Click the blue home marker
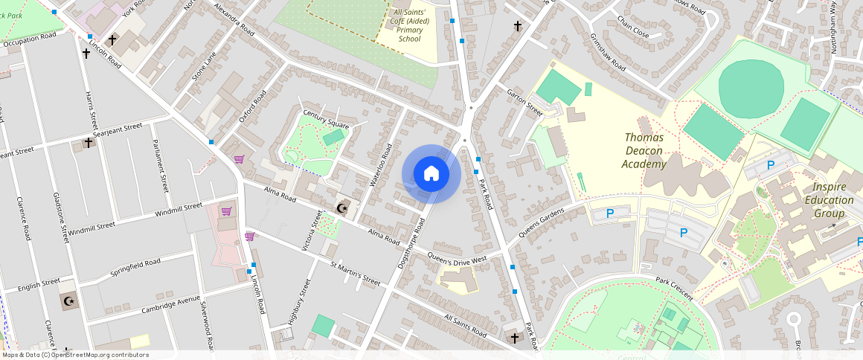pyautogui.click(x=431, y=174)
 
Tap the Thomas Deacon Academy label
pyautogui.click(x=644, y=151)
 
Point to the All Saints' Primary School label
pyautogui.click(x=410, y=25)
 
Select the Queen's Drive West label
pyautogui.click(x=458, y=258)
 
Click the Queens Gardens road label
pyautogui.click(x=541, y=221)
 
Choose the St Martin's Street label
pyautogui.click(x=356, y=273)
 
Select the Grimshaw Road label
pyautogui.click(x=607, y=51)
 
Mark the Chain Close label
pyautogui.click(x=632, y=34)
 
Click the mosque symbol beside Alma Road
pyautogui.click(x=343, y=208)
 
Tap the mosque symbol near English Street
pyautogui.click(x=70, y=301)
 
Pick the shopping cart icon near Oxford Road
pyautogui.click(x=239, y=158)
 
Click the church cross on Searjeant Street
pyautogui.click(x=89, y=141)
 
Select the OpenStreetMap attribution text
pyautogui.click(x=74, y=355)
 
